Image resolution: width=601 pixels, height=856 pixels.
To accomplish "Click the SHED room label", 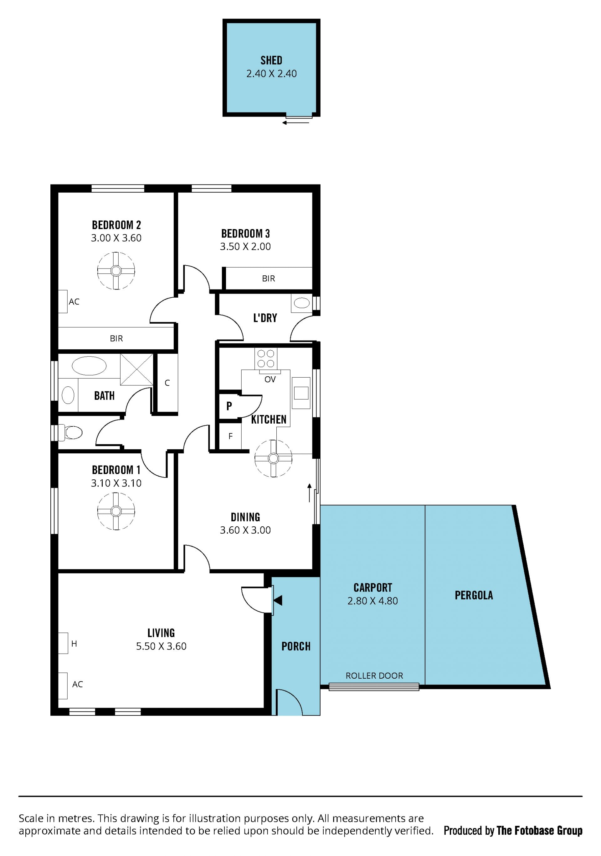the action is click(271, 60).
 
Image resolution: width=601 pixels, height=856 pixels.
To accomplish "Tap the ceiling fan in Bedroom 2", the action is click(116, 271).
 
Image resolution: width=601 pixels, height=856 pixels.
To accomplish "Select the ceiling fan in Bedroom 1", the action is click(116, 511).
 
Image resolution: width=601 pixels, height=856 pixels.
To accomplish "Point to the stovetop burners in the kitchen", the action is click(266, 358).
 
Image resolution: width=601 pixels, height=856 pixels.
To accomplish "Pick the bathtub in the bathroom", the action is click(89, 366).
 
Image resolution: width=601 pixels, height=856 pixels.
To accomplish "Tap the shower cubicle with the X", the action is click(137, 369).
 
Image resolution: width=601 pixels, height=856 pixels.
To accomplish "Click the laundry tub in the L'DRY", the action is click(302, 303).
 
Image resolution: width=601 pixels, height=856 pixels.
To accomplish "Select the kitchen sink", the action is click(301, 393).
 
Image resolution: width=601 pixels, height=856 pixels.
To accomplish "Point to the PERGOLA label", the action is click(474, 595).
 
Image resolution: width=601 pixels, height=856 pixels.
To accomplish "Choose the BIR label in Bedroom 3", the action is click(269, 279).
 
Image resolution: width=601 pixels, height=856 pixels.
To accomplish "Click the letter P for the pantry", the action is click(229, 406).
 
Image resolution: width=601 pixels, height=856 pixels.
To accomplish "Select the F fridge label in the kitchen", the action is click(230, 436).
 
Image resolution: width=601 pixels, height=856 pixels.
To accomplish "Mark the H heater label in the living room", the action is click(74, 644).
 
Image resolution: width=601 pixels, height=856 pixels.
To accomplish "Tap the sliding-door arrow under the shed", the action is click(296, 123).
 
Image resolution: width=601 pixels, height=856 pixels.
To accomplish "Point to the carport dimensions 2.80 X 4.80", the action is click(372, 601).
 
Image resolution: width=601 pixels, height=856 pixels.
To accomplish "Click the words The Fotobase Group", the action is click(539, 831).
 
